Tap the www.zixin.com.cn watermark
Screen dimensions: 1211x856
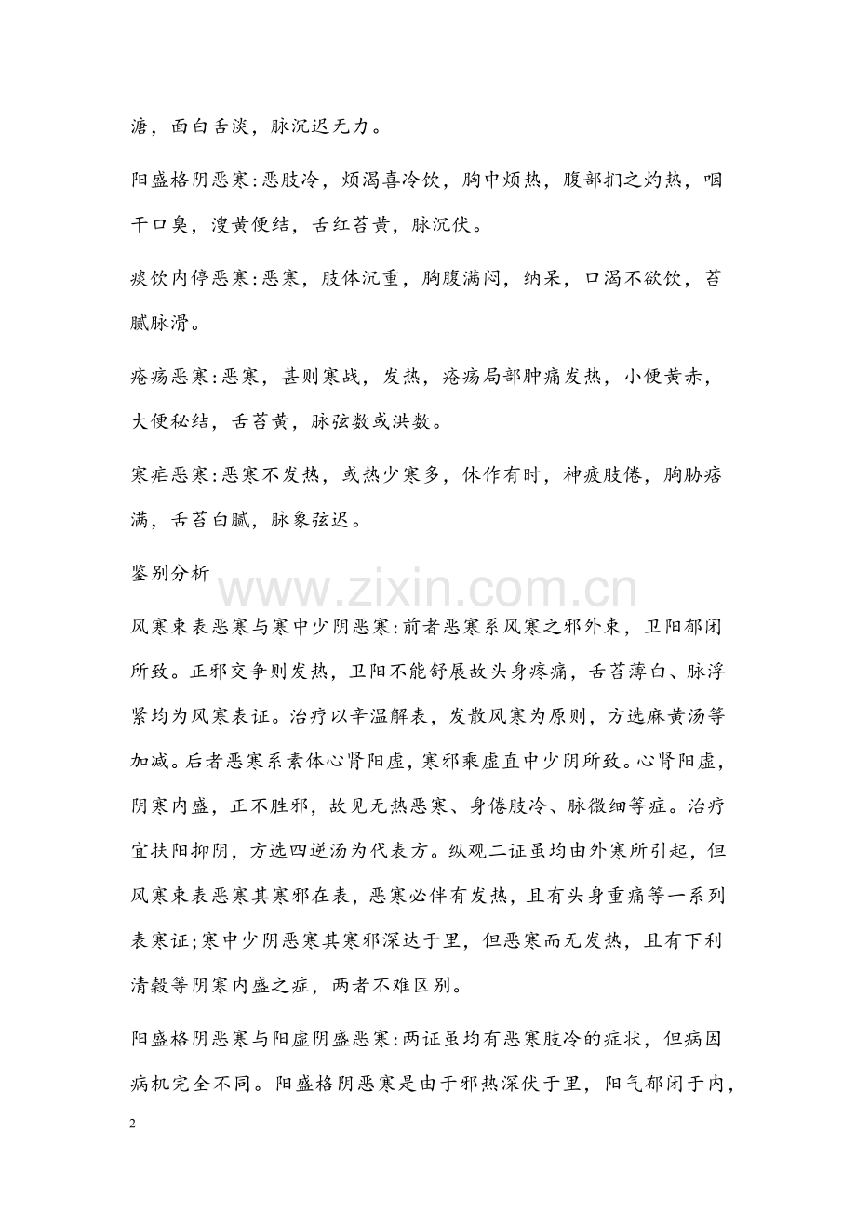(x=427, y=590)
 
